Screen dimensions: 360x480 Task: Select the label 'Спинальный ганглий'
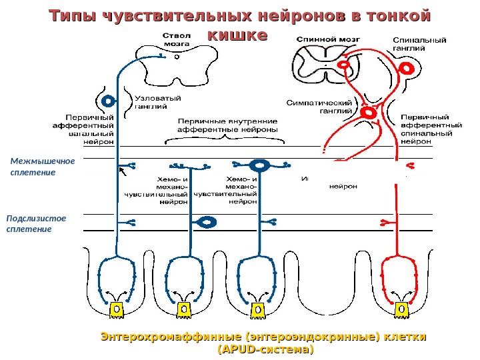[x=419, y=44]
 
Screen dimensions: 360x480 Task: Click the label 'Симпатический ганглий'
[x=319, y=107]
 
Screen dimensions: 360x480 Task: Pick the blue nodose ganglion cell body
[x=107, y=101]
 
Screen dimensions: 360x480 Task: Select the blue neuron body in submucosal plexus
[x=207, y=221]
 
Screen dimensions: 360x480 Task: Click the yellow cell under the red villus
[x=401, y=309]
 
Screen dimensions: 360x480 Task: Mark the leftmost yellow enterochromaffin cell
[x=115, y=310]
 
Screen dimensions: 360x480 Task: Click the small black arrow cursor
[x=121, y=173]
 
